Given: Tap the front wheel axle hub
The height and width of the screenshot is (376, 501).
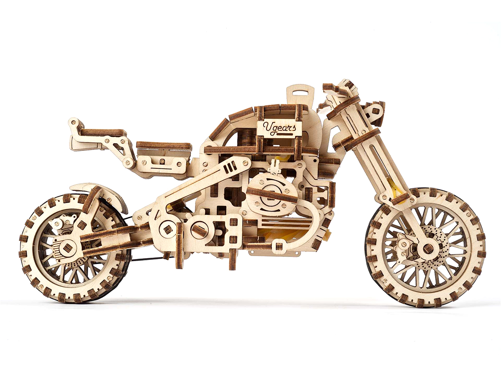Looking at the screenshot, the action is pos(427,248).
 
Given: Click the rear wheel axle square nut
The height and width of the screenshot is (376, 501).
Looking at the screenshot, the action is pos(68,248).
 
